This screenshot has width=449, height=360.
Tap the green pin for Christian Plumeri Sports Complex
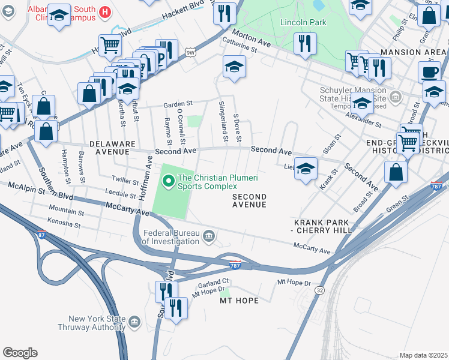168,179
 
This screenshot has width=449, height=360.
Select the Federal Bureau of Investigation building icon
209,235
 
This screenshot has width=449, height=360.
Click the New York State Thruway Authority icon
134,322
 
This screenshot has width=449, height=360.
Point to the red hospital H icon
105,11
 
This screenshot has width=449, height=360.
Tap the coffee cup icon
429,73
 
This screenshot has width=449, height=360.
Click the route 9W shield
190,53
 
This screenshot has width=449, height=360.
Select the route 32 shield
319,290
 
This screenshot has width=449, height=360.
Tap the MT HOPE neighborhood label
239,300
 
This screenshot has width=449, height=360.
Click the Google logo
20,353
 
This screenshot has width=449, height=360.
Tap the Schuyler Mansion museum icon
396,97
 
